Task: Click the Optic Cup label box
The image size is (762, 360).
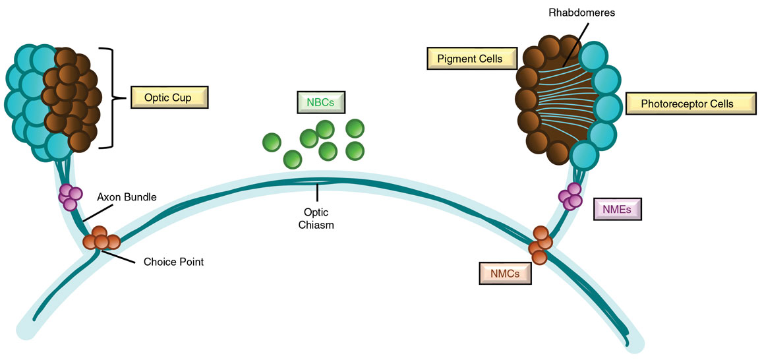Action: [169, 98]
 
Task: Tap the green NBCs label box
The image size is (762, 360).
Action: [321, 103]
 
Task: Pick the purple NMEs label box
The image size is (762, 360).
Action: [616, 210]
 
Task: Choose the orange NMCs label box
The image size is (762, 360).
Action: [506, 273]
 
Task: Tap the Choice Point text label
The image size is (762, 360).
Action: [174, 262]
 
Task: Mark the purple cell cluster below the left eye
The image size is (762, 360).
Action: [71, 196]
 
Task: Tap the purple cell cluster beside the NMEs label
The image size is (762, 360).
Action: [571, 196]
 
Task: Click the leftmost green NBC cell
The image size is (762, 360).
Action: [272, 142]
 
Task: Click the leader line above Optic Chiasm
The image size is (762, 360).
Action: [317, 192]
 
